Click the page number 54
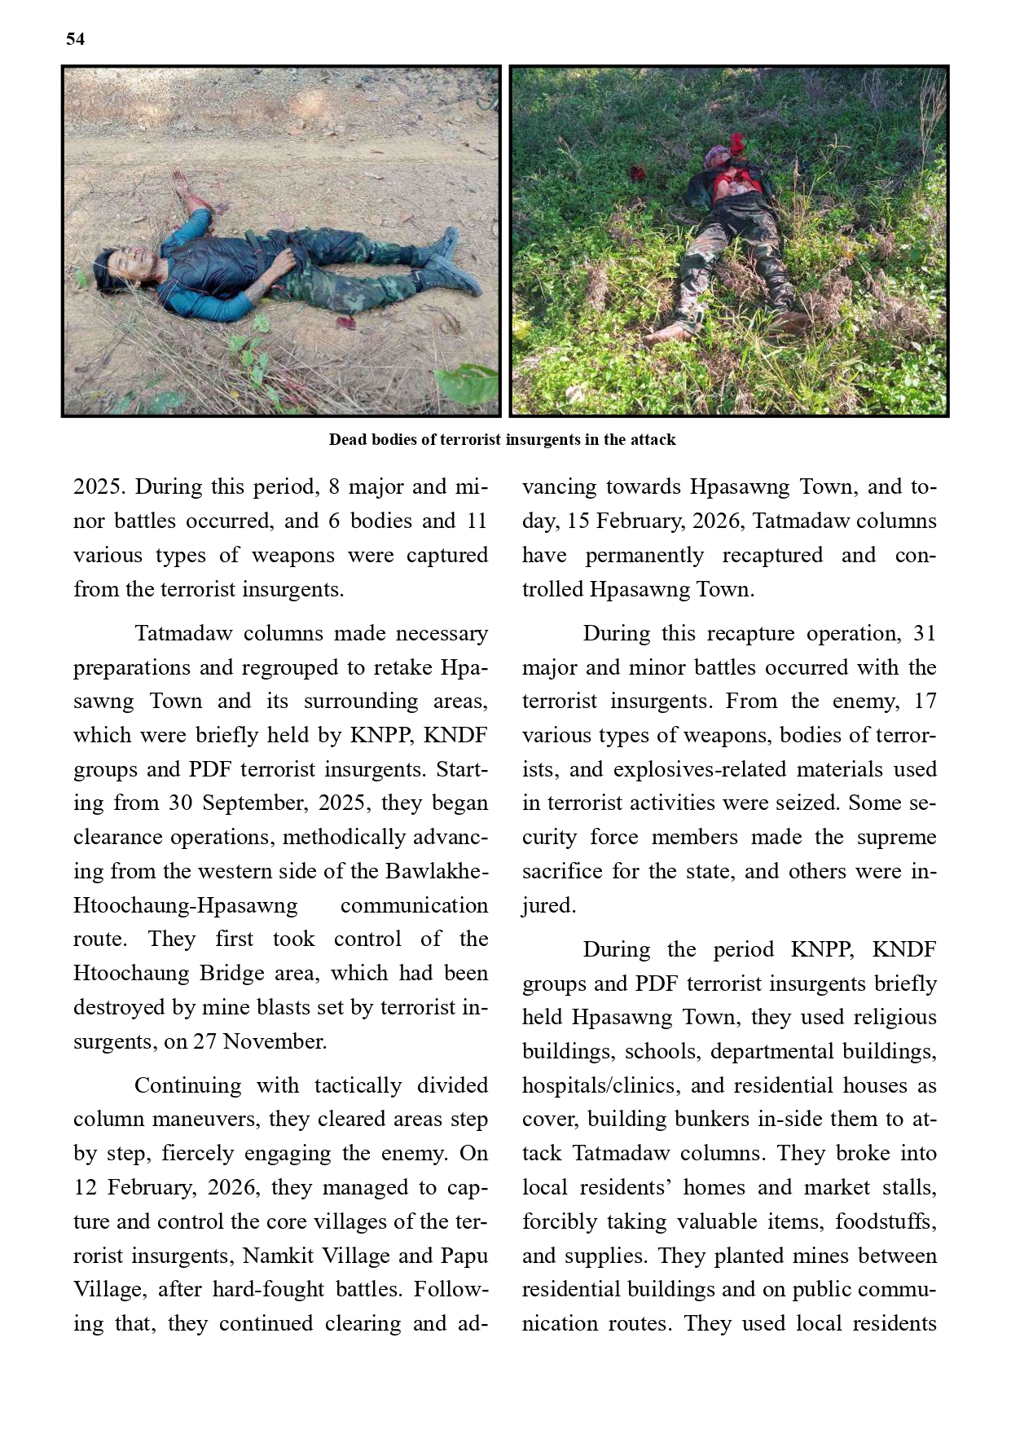[75, 39]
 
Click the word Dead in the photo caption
[346, 440]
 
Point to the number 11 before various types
[477, 521]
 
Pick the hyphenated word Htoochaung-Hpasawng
[186, 905]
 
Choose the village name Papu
[464, 1256]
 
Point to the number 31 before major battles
[925, 633]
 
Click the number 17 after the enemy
[925, 701]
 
